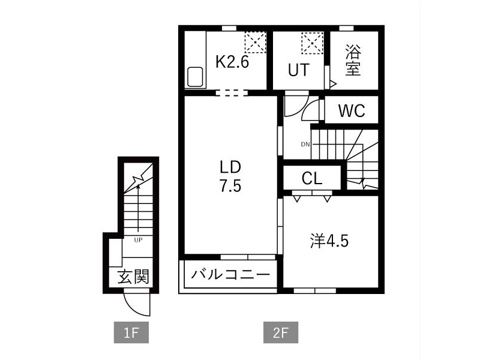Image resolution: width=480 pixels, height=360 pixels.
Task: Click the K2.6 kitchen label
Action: click(x=232, y=62)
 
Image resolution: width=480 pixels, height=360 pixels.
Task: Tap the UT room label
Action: click(x=298, y=70)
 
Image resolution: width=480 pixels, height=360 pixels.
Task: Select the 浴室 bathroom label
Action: click(x=353, y=60)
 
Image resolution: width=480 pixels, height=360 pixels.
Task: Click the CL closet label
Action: click(x=312, y=178)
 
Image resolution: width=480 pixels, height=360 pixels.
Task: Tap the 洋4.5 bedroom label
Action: click(x=329, y=241)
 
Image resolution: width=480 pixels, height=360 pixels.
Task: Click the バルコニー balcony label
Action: click(x=230, y=274)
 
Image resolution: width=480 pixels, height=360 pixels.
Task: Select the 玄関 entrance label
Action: click(x=133, y=277)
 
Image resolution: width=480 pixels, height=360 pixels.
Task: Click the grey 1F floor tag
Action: click(x=131, y=332)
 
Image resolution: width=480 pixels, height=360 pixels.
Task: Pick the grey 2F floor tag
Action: click(x=281, y=332)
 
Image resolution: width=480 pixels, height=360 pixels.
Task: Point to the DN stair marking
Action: click(x=305, y=144)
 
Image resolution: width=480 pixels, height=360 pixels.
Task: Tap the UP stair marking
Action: click(x=138, y=240)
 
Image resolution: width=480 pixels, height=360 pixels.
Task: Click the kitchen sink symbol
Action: click(x=195, y=77)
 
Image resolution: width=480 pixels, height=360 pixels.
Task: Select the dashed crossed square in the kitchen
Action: click(x=256, y=42)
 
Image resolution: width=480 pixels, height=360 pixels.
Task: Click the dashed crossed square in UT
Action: click(x=312, y=43)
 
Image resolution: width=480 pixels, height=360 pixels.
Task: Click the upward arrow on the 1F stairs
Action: click(x=139, y=208)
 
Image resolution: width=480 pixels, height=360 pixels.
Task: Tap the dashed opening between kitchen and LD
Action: click(x=232, y=92)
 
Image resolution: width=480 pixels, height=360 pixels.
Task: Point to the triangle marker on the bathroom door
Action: click(x=333, y=83)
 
